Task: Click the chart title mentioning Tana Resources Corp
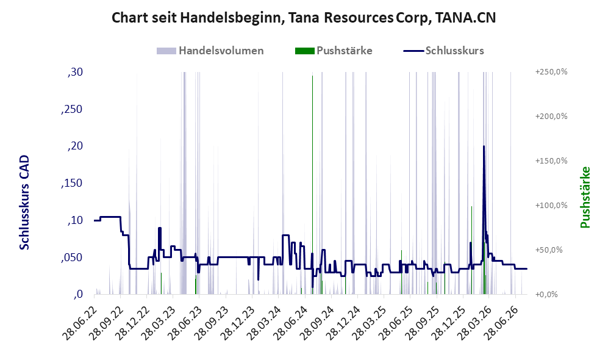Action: (x=304, y=18)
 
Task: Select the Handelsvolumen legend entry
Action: (x=210, y=51)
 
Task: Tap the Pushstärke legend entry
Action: (x=334, y=51)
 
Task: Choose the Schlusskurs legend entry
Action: (x=443, y=51)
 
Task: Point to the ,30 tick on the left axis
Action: (x=75, y=72)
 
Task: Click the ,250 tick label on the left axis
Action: (x=72, y=109)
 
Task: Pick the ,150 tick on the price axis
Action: (x=72, y=184)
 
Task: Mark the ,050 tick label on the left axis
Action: (x=72, y=258)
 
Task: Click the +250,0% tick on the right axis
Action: (x=551, y=72)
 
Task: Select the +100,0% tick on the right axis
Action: (x=551, y=206)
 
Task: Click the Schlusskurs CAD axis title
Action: (x=24, y=203)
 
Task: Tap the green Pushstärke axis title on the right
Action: (x=585, y=198)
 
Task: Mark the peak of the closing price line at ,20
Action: (x=484, y=146)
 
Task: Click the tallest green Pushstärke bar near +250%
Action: (x=312, y=185)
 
